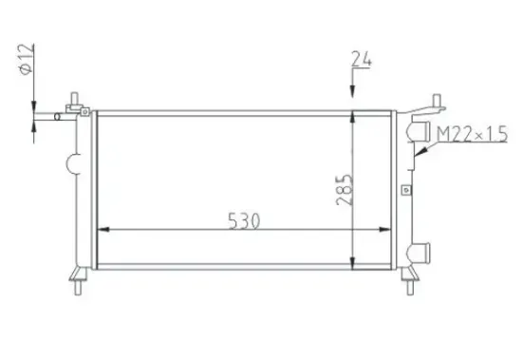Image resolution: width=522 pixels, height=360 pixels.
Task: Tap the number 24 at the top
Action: (x=361, y=60)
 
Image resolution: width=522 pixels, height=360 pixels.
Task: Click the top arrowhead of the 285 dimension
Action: (x=354, y=118)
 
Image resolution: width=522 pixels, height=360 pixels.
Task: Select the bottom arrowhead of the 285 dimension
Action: (x=354, y=260)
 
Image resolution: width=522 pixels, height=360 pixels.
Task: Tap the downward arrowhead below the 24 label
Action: (x=354, y=91)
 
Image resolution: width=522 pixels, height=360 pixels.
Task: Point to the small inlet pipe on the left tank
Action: (x=64, y=118)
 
